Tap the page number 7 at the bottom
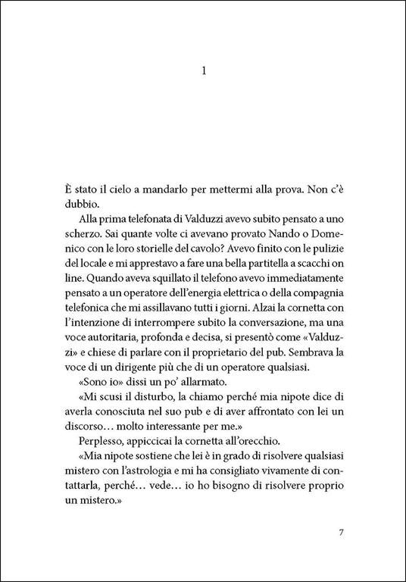pyautogui.click(x=342, y=530)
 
